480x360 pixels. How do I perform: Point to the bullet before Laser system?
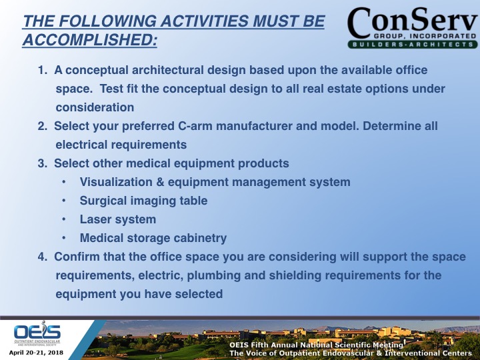62,219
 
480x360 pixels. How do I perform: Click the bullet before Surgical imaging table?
62,201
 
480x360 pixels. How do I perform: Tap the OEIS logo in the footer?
37,333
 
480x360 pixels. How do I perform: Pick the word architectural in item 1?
160,70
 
